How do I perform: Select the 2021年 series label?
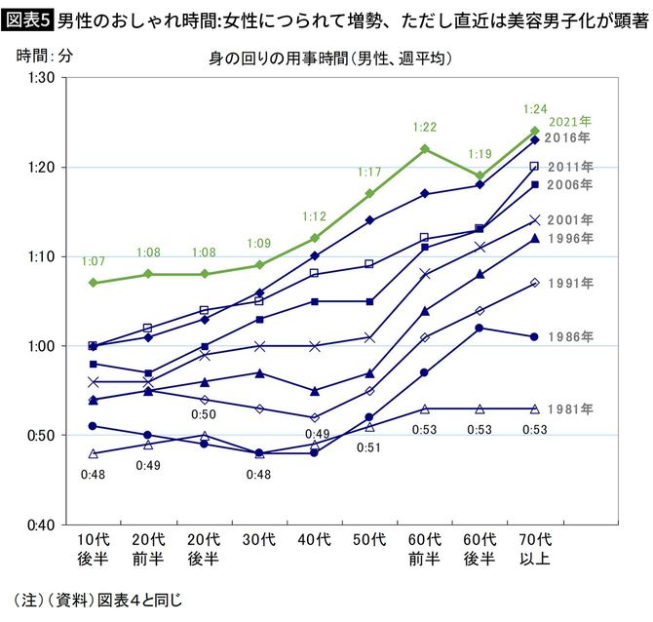570,122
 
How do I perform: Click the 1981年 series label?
570,408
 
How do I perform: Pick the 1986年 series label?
570,336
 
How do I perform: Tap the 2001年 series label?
570,220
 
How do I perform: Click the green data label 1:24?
535,108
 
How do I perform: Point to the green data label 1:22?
424,127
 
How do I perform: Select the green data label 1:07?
93,261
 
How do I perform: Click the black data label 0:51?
368,447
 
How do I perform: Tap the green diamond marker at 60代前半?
424,149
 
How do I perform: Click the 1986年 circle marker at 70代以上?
534,336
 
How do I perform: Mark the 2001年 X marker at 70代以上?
534,220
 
